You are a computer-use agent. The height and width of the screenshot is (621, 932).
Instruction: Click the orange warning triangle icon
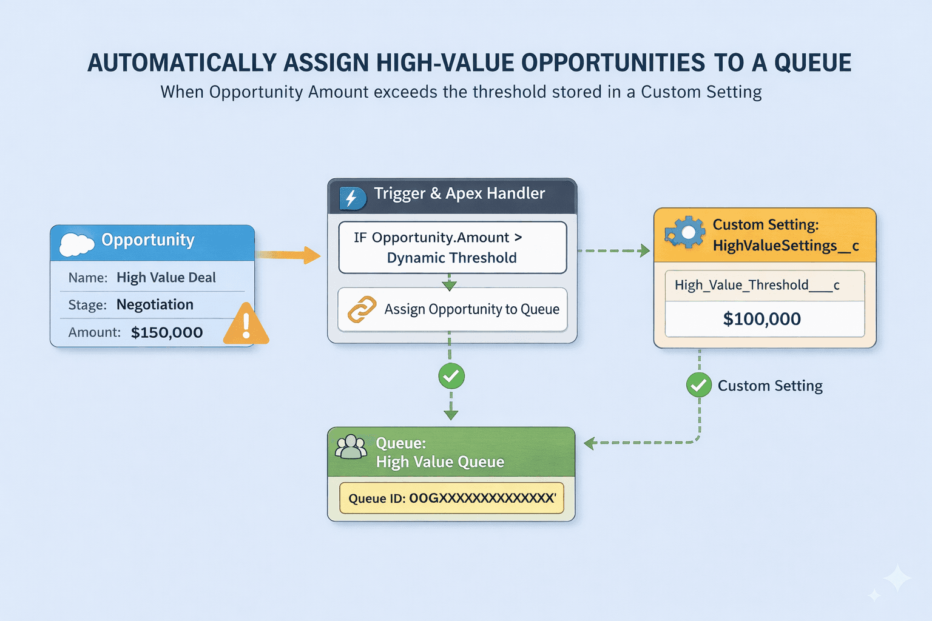(x=246, y=326)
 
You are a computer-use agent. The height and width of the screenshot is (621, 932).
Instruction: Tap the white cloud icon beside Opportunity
(x=76, y=244)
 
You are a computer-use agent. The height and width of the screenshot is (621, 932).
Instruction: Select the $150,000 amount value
(x=167, y=332)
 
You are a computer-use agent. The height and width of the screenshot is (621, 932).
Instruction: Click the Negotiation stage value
(x=155, y=304)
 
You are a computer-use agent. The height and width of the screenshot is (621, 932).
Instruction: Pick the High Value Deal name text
(x=166, y=277)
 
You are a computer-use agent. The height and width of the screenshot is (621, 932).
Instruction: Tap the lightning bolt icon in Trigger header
(x=351, y=198)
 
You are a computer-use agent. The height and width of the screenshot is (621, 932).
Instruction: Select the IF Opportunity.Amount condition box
(x=452, y=247)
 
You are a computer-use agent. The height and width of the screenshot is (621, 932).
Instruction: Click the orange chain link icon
(x=362, y=309)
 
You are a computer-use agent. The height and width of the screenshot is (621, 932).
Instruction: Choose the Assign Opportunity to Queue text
(x=471, y=309)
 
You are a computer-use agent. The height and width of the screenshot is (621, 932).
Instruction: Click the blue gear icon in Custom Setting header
(x=684, y=233)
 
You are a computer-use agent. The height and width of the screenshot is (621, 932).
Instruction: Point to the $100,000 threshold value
(x=761, y=319)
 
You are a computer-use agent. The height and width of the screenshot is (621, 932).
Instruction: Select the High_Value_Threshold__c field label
(x=757, y=285)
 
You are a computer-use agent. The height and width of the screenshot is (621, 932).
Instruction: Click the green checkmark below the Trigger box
(x=451, y=377)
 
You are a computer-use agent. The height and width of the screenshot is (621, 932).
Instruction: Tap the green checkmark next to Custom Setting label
(x=699, y=385)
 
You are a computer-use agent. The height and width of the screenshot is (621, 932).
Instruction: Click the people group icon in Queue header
(x=351, y=448)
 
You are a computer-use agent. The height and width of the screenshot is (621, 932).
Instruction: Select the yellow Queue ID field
(x=451, y=498)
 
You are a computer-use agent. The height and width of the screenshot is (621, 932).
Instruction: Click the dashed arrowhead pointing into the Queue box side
(x=589, y=443)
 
